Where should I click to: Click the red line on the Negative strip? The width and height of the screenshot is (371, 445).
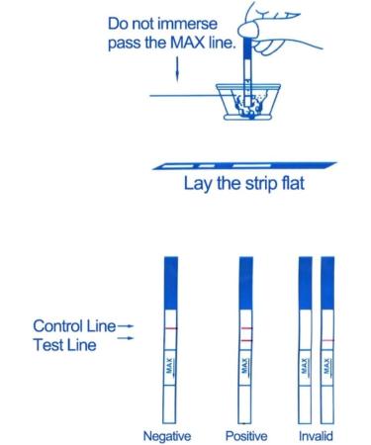pyautogui.click(x=166, y=326)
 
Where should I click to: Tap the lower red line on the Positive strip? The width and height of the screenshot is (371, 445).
pyautogui.click(x=246, y=340)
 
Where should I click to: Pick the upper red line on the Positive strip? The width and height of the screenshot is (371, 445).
pyautogui.click(x=246, y=326)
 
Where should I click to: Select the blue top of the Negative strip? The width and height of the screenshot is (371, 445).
pyautogui.click(x=166, y=272)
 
